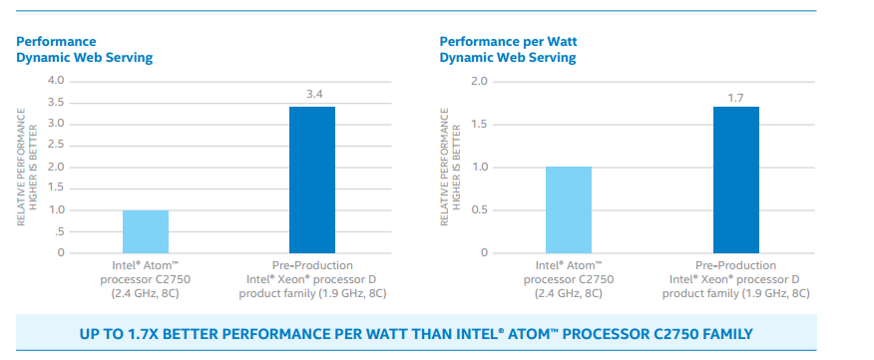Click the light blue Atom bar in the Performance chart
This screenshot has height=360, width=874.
(x=146, y=231)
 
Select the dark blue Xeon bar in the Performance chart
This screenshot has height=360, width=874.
(x=312, y=180)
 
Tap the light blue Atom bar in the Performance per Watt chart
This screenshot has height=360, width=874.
(x=568, y=209)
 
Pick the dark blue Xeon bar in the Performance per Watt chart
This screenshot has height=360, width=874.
(x=735, y=180)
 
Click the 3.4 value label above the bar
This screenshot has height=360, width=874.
(x=312, y=95)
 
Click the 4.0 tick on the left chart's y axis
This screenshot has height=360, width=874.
(x=56, y=81)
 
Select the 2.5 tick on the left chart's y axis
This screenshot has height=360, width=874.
(x=56, y=146)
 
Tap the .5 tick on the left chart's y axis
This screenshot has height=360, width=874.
(x=59, y=231)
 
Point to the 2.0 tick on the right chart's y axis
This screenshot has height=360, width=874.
(x=479, y=81)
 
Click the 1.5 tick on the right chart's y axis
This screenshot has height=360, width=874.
(x=479, y=124)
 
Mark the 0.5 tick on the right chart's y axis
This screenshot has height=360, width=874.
(x=479, y=209)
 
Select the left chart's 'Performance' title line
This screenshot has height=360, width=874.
(x=56, y=42)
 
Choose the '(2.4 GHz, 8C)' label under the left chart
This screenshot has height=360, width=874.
(x=146, y=293)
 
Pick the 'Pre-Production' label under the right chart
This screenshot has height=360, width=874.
(x=735, y=265)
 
